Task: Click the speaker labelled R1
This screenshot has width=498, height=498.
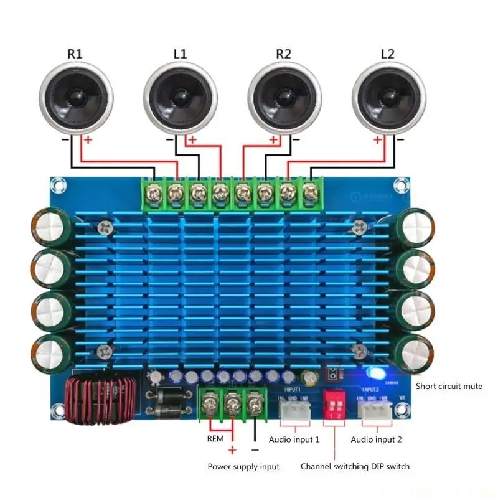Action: coord(76,98)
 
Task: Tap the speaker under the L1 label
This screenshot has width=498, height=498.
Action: coord(180,98)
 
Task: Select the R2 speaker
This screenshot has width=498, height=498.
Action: coord(284,98)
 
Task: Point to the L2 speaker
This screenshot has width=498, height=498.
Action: coord(388,98)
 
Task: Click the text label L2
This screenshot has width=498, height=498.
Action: coord(387,54)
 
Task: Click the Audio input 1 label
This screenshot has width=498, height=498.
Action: coord(294,439)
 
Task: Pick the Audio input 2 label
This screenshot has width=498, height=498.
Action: coord(376,439)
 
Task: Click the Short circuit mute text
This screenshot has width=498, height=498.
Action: coord(449,386)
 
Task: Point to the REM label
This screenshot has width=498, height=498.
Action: coord(215,439)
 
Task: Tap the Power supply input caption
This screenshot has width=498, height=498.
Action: coord(243,466)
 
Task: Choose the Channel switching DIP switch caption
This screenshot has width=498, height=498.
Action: coord(355,466)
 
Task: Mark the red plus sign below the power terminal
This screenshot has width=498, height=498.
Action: coord(232,451)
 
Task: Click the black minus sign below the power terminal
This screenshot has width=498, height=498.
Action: coord(255,449)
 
